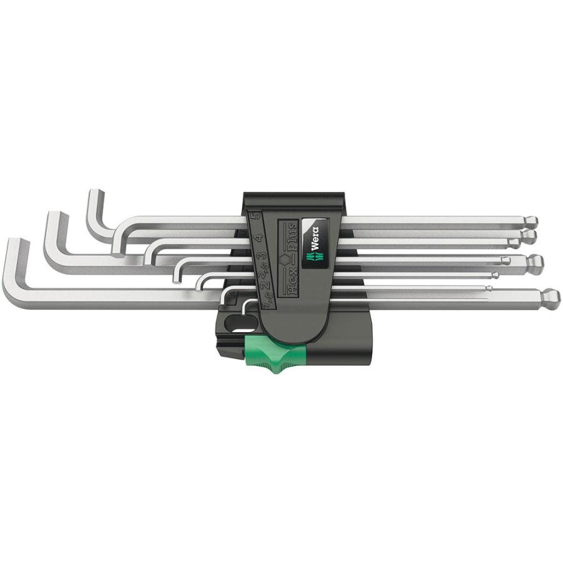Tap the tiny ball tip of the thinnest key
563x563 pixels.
pos(489,288)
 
